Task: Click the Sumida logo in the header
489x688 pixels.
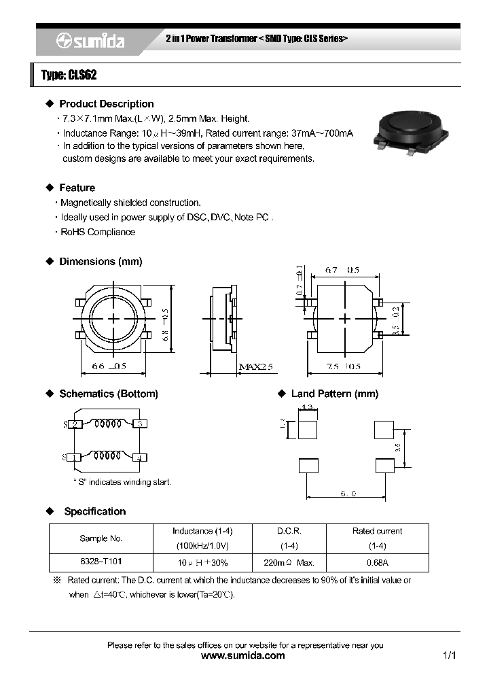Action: point(90,41)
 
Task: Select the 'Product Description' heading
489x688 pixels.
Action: point(106,104)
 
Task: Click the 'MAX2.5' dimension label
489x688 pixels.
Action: point(255,367)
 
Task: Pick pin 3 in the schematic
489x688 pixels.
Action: point(139,424)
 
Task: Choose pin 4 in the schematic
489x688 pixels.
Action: point(139,458)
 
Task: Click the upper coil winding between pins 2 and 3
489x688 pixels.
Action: point(107,424)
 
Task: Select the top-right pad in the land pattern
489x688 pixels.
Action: point(384,430)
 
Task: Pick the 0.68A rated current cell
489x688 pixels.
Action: point(377,563)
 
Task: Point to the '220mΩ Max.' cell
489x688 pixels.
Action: point(289,563)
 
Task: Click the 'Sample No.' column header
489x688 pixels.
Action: point(101,538)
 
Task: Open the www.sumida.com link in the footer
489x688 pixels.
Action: point(244,656)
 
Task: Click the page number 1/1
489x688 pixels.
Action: point(449,656)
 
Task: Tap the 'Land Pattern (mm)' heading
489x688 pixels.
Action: point(334,394)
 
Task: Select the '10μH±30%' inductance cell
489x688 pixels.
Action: point(202,563)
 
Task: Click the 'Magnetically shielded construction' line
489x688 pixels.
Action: point(130,203)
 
